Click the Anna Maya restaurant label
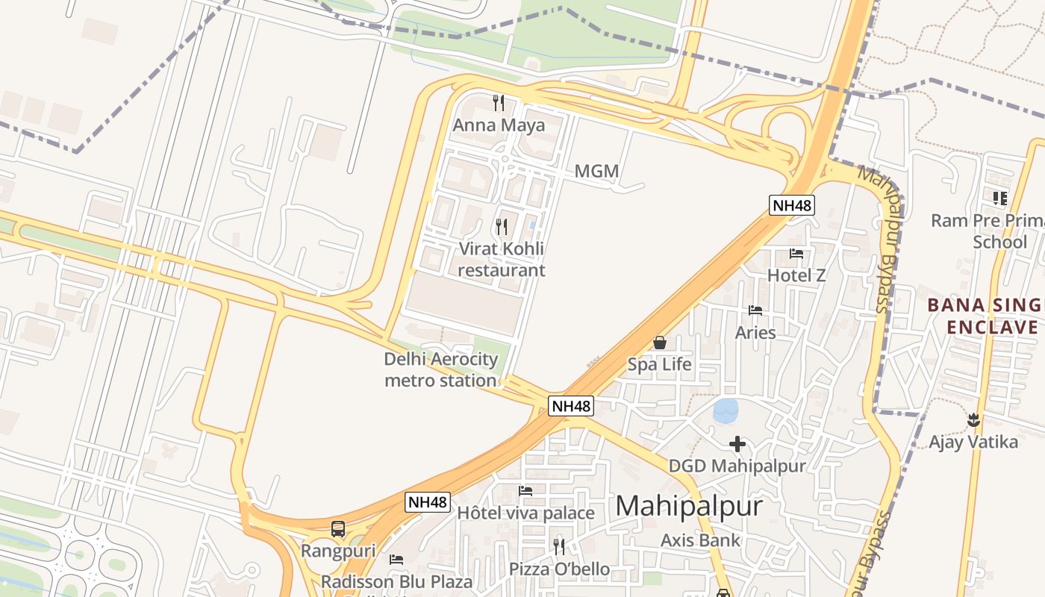point(499,125)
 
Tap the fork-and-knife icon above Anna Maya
point(499,102)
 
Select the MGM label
point(596,172)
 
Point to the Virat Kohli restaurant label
point(502,259)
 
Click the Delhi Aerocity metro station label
point(440,369)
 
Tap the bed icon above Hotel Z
point(796,254)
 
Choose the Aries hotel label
point(755,332)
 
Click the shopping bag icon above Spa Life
point(660,343)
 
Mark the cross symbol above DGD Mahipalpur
point(737,444)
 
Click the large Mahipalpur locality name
point(689,506)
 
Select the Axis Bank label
point(700,540)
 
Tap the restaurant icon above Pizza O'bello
point(559,546)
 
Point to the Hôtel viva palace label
point(525,513)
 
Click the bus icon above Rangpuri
point(338,529)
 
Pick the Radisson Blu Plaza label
point(396,581)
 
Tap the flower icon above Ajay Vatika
point(973,420)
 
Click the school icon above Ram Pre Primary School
point(999,198)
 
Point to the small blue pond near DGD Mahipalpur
point(726,410)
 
